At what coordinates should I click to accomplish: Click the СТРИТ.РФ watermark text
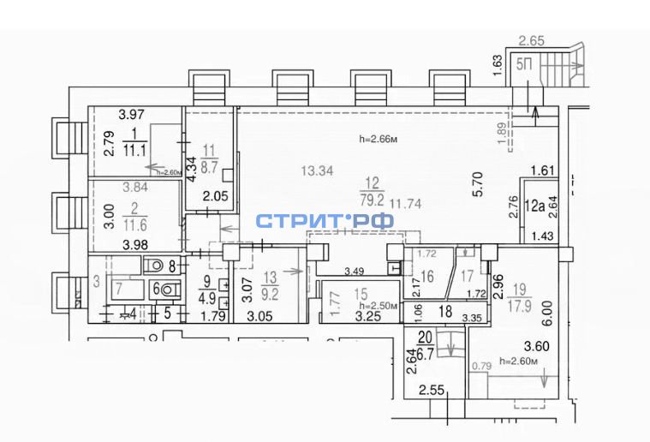(325, 221)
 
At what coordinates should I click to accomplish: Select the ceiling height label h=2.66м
(382, 138)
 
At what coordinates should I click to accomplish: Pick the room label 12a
(536, 205)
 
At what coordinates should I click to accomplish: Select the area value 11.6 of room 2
(135, 224)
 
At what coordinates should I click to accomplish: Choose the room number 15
(362, 293)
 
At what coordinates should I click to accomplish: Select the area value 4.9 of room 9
(209, 299)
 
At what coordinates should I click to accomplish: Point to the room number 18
(444, 313)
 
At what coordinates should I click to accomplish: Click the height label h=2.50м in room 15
(378, 306)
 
